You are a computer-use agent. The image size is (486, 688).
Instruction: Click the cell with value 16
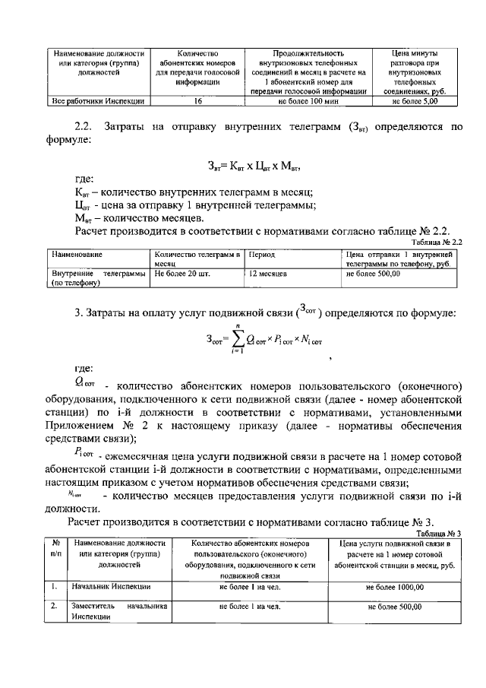tap(197, 100)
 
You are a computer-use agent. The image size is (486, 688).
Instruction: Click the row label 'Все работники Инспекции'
tap(98, 100)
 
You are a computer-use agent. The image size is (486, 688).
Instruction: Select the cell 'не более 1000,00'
tap(395, 588)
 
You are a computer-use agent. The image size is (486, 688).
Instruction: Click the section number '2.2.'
tap(83, 127)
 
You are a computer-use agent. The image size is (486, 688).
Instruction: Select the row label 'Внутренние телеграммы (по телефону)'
tap(96, 276)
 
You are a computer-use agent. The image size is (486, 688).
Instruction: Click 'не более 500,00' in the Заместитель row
tap(395, 608)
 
